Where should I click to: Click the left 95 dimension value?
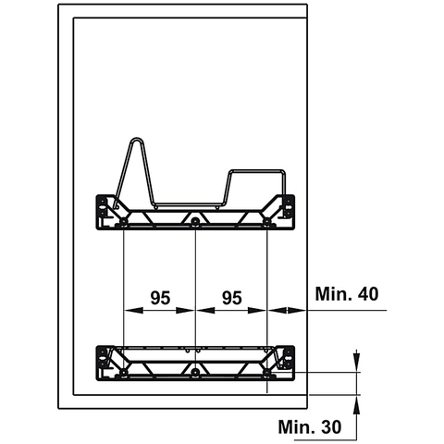[x=159, y=298]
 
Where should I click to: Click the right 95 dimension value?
[x=231, y=298]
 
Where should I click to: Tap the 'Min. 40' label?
[x=346, y=295]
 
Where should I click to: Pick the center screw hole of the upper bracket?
[x=195, y=223]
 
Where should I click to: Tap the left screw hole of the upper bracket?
[x=123, y=223]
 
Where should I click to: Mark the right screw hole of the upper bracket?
[x=267, y=223]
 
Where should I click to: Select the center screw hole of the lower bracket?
[x=195, y=374]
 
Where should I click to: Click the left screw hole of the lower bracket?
[x=123, y=374]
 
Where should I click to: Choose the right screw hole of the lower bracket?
[x=267, y=374]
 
